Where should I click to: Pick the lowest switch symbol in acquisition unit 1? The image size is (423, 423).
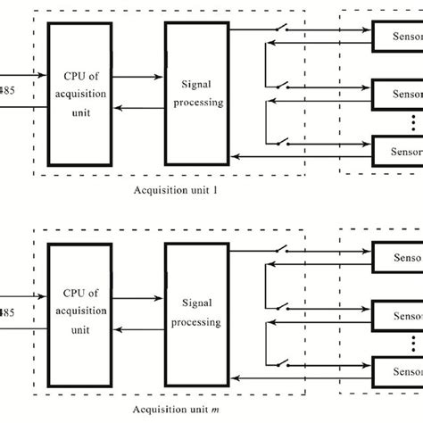(281, 141)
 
